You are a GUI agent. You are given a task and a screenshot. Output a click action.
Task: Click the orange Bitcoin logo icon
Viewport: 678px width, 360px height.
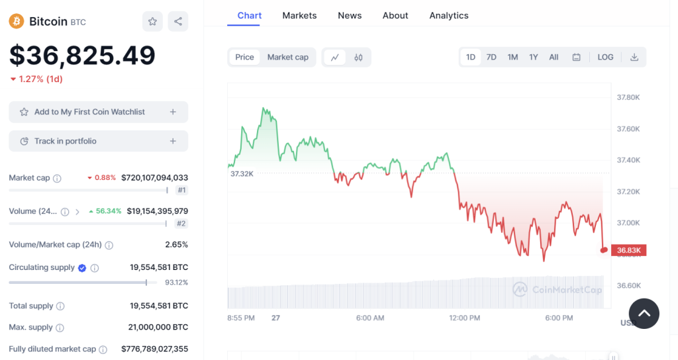(17, 21)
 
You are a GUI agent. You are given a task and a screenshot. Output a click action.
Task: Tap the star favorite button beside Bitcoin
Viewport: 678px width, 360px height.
(152, 21)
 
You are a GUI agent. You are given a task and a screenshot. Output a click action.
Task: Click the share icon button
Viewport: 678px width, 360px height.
(178, 21)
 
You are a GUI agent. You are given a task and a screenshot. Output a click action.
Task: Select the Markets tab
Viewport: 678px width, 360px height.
(299, 15)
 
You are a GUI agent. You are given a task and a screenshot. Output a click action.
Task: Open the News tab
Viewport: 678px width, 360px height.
(350, 15)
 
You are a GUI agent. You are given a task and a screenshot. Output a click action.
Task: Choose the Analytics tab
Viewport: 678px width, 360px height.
(449, 15)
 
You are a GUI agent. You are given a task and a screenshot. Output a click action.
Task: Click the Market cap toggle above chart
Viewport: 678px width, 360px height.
(288, 57)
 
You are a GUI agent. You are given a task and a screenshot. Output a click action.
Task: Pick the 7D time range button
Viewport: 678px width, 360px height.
(491, 57)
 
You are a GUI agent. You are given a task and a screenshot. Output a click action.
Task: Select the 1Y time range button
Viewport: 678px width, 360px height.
(534, 57)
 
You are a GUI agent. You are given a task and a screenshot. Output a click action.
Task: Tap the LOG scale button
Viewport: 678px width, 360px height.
(606, 57)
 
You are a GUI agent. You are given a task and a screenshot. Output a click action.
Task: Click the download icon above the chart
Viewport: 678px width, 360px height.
(634, 57)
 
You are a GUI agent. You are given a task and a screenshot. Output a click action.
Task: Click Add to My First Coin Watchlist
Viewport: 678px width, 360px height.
(98, 112)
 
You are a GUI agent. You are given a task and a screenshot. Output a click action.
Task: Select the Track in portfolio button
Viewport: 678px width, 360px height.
(98, 141)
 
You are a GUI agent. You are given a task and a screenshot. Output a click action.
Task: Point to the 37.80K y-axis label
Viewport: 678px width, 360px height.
(628, 97)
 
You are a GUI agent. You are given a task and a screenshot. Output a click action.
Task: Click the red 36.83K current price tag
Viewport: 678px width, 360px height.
(628, 250)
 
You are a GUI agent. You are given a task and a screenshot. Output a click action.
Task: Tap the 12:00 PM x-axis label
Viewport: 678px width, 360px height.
(465, 318)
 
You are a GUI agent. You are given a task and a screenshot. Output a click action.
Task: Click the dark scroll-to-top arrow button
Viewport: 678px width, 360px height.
(644, 314)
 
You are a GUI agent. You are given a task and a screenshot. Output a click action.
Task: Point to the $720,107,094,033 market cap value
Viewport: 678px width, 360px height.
(155, 177)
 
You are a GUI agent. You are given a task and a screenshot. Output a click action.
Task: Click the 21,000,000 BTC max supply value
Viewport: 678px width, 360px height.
(158, 327)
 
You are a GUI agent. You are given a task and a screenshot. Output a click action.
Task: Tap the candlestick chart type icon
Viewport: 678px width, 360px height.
(359, 57)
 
